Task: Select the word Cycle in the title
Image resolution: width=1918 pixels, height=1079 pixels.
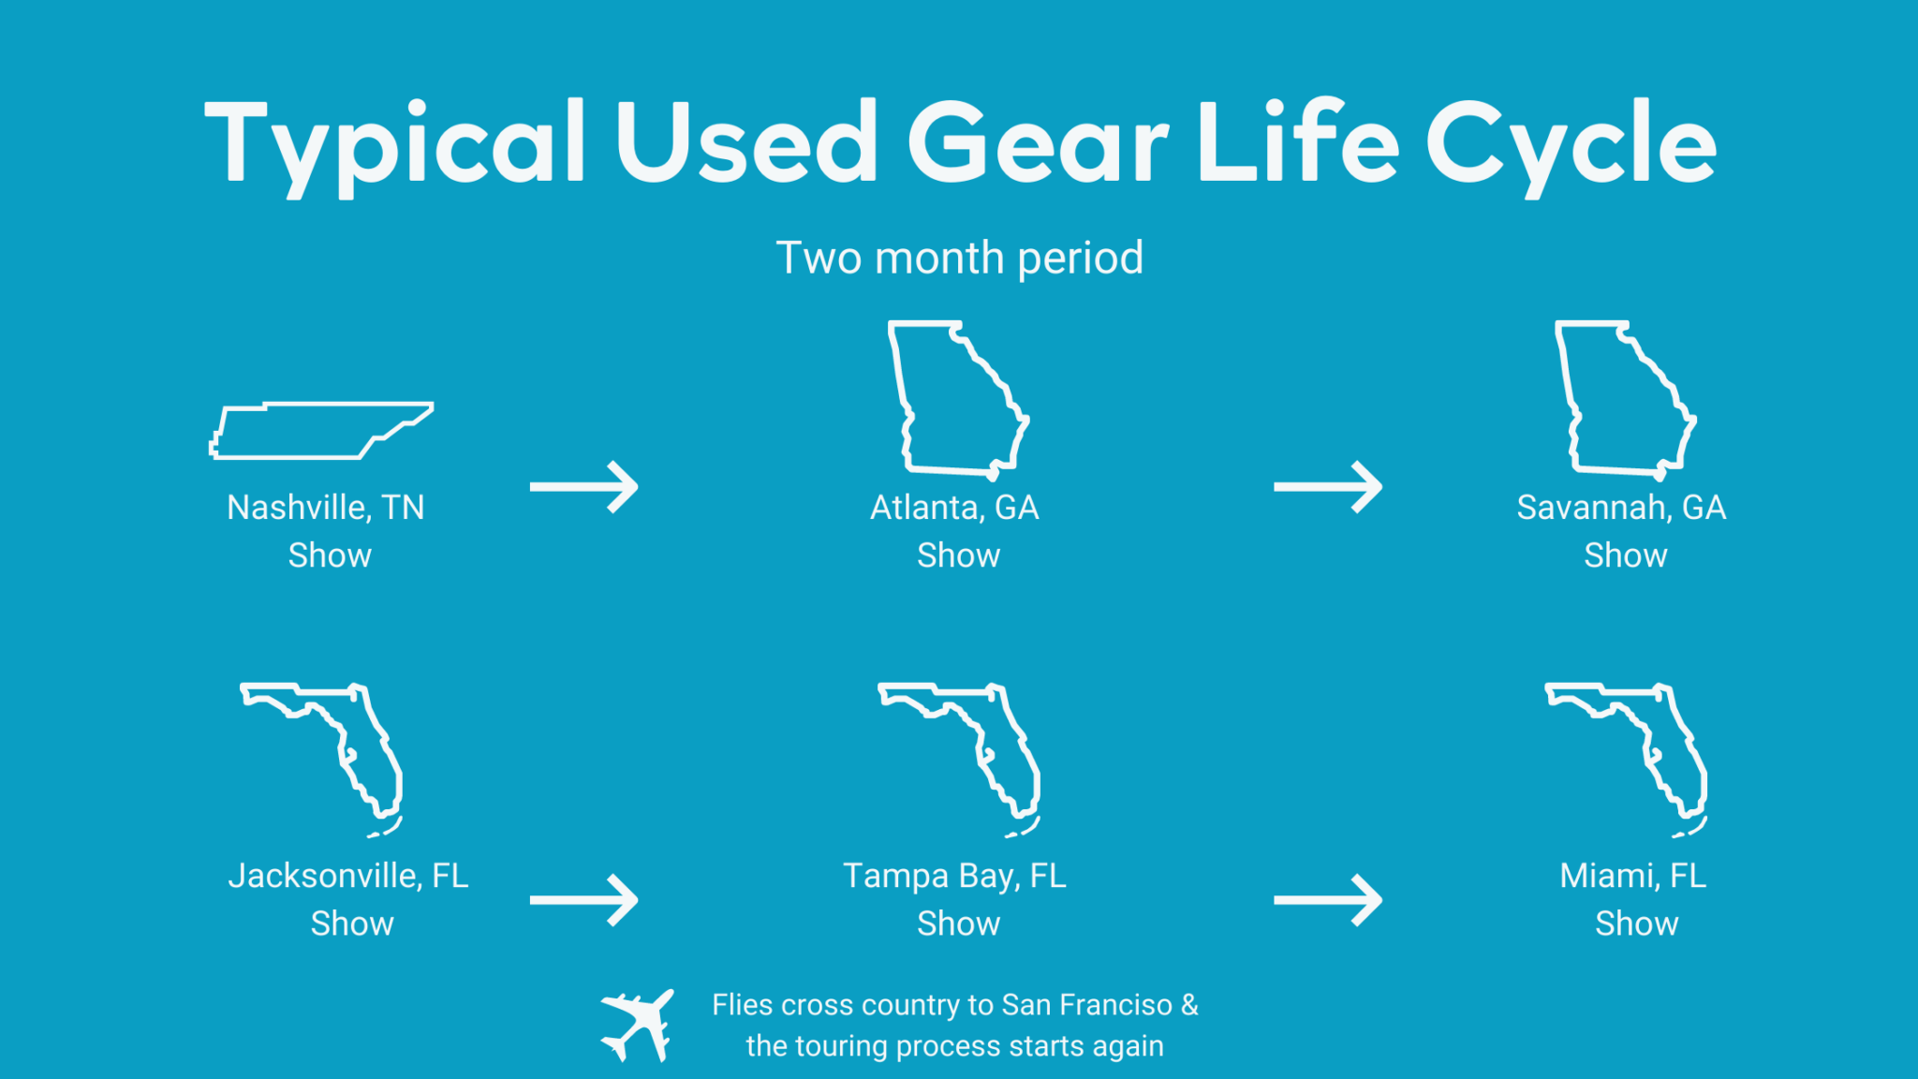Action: click(x=1571, y=145)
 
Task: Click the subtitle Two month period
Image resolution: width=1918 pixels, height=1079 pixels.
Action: click(x=959, y=258)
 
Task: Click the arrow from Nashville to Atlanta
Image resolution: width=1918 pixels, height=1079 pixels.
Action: click(x=583, y=486)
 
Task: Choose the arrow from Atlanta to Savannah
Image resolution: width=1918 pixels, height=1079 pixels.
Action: click(x=1327, y=486)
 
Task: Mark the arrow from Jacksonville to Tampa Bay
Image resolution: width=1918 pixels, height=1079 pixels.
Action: click(x=583, y=900)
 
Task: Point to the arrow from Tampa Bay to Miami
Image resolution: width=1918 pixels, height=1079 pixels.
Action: click(x=1327, y=900)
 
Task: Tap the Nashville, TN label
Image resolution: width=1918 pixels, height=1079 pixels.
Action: click(x=326, y=508)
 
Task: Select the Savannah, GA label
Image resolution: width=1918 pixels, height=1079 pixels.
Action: click(x=1621, y=508)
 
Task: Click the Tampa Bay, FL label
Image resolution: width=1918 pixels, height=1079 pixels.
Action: click(x=954, y=877)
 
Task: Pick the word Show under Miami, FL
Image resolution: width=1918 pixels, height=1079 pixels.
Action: click(x=1636, y=924)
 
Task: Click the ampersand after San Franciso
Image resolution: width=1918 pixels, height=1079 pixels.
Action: click(x=1189, y=1005)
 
